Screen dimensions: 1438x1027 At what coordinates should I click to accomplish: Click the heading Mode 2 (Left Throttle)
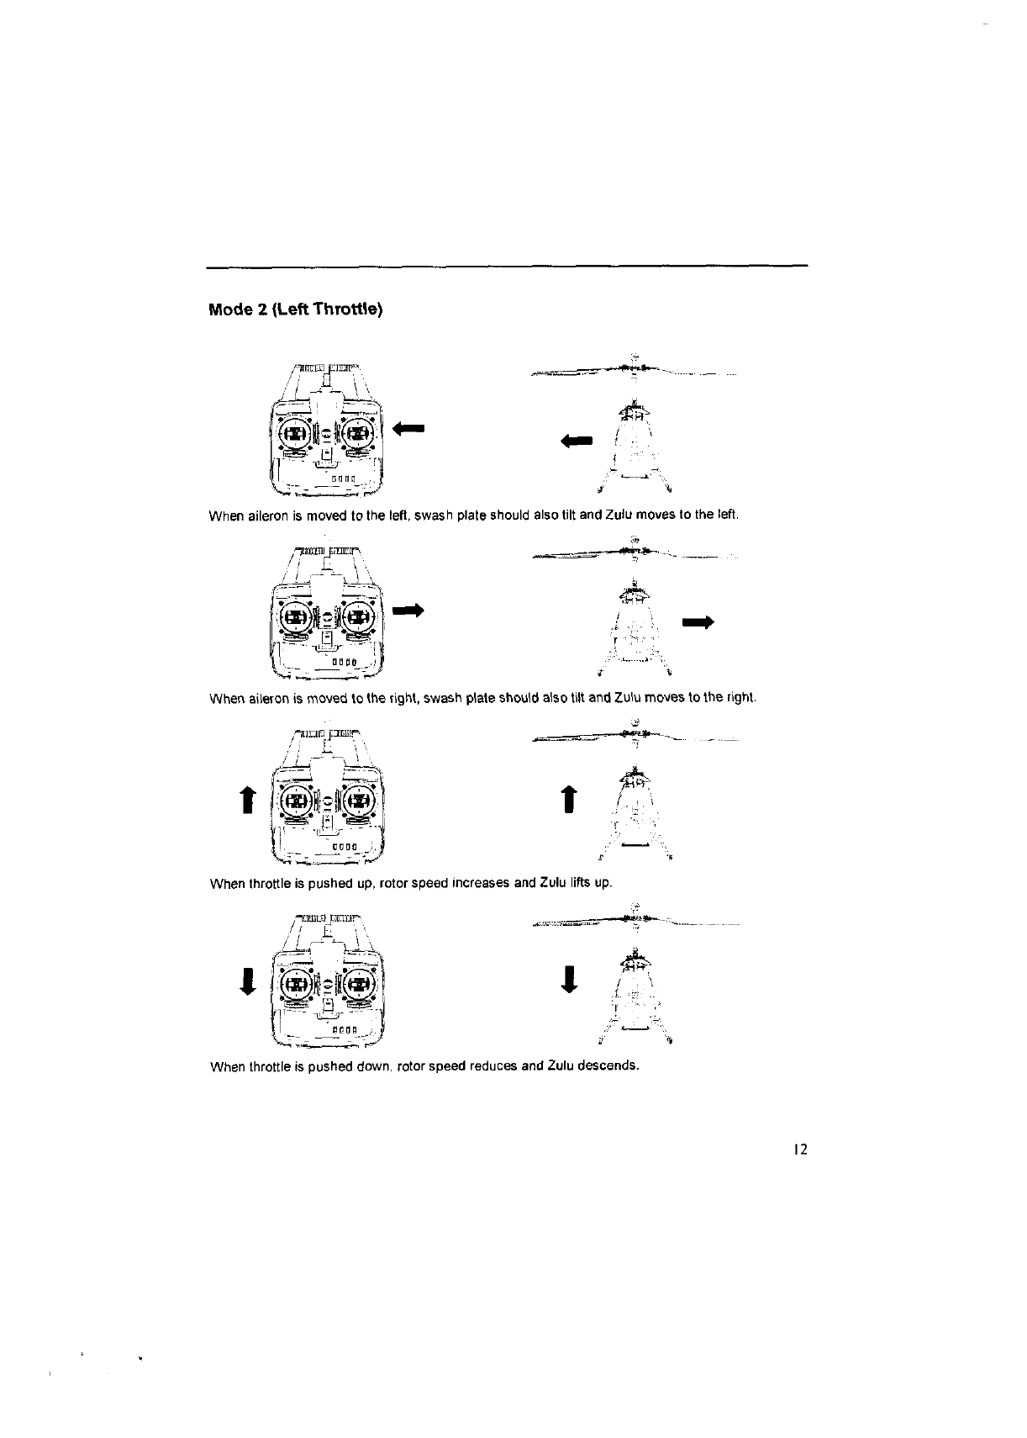[295, 309]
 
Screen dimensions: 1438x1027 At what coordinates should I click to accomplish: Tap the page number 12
[799, 1150]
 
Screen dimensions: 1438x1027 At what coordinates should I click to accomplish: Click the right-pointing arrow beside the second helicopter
[698, 622]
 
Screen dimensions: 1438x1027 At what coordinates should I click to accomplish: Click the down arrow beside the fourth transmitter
[248, 981]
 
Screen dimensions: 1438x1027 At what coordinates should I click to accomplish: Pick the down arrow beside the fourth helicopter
[569, 979]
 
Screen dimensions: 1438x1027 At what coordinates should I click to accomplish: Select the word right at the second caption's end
[744, 698]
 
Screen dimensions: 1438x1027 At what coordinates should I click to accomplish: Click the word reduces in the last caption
[492, 1067]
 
